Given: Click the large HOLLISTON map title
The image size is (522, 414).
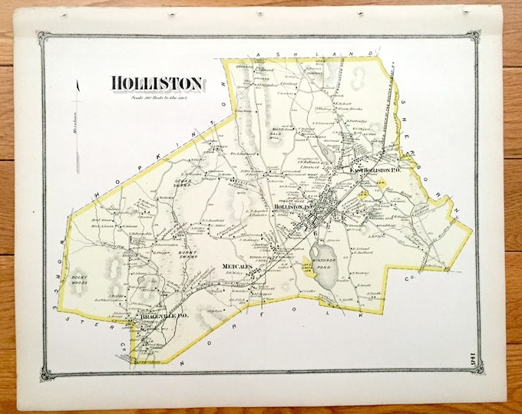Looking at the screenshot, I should click(x=157, y=83).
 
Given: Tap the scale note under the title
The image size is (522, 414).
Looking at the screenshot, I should click(x=158, y=97).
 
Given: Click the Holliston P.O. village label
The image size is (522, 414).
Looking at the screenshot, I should click(x=289, y=207).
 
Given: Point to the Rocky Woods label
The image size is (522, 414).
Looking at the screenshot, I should click(x=79, y=281).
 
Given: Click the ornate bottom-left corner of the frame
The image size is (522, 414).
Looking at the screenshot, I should click(x=45, y=374).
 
